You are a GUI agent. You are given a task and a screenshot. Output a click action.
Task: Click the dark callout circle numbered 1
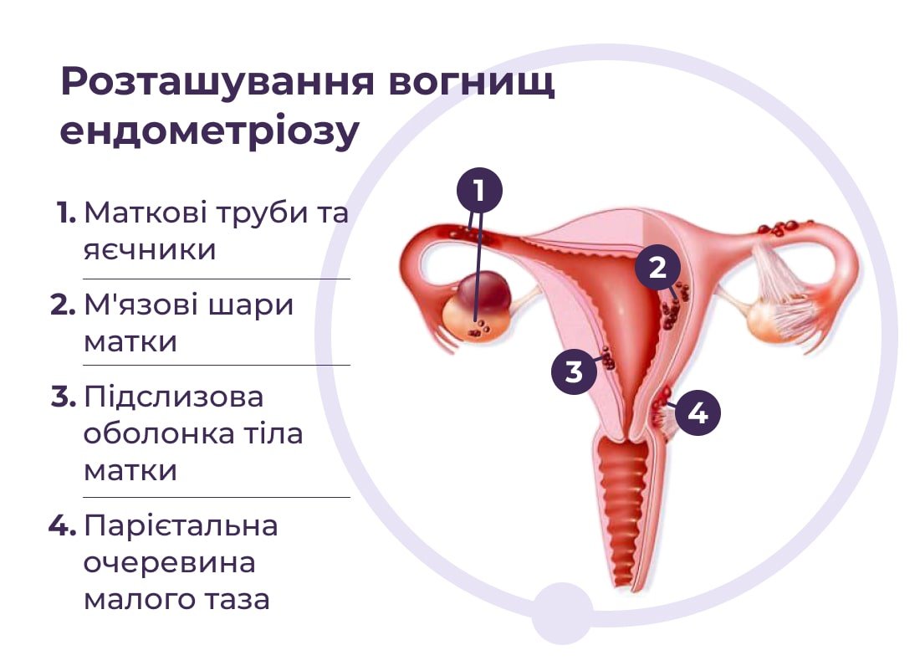pyautogui.click(x=479, y=191)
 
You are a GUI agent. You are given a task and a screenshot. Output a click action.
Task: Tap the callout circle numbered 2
pyautogui.click(x=657, y=268)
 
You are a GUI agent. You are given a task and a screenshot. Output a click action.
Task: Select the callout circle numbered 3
pyautogui.click(x=574, y=371)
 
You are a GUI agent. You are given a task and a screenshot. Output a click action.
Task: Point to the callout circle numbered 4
pyautogui.click(x=698, y=412)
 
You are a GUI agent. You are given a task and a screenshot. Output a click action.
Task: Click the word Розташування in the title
pyautogui.click(x=217, y=82)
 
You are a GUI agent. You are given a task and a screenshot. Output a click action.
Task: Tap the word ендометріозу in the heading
pyautogui.click(x=209, y=131)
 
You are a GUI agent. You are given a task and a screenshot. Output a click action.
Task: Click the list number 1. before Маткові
pyautogui.click(x=66, y=213)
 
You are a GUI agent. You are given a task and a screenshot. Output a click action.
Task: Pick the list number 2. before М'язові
pyautogui.click(x=64, y=305)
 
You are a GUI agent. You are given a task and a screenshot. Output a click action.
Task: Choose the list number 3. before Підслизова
pyautogui.click(x=64, y=397)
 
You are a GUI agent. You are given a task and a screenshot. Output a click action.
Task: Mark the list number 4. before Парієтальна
pyautogui.click(x=62, y=525)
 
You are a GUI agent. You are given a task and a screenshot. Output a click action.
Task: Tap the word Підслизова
pyautogui.click(x=174, y=397)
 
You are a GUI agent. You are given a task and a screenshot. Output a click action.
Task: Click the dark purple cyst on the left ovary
pyautogui.click(x=484, y=291)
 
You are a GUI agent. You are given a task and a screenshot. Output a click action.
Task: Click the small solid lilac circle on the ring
pyautogui.click(x=561, y=613)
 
